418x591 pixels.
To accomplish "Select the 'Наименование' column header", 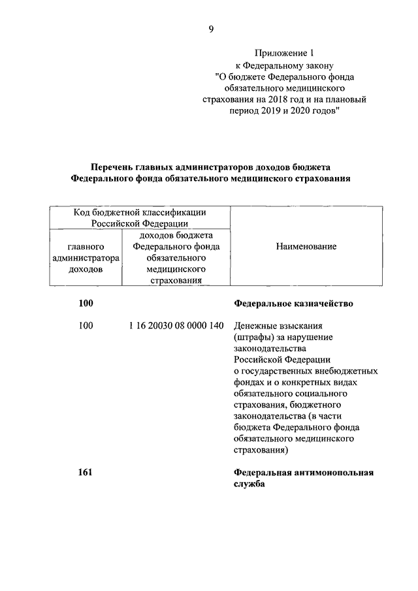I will pos(306,246).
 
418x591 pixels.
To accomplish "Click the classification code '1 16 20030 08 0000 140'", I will pos(177,325).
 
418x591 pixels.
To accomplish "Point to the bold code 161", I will pos(85,473).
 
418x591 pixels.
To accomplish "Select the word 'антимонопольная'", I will pos(338,473).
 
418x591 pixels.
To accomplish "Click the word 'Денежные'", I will pos(251,325).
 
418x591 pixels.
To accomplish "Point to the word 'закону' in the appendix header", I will pos(320,65).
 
